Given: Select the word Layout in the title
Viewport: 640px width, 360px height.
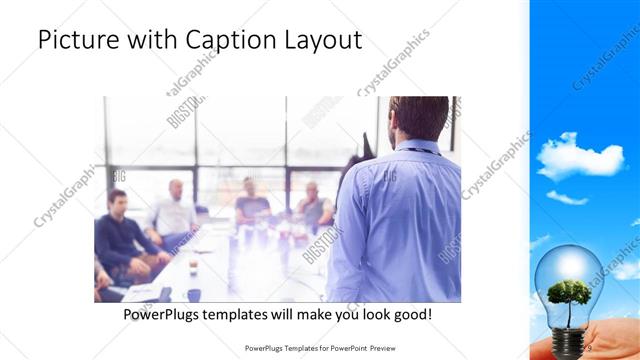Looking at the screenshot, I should click(324, 41).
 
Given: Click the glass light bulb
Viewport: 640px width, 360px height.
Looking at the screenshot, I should click(569, 286).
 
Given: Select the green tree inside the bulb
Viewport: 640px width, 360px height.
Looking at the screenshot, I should click(571, 294).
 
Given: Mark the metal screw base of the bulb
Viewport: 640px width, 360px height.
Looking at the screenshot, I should click(571, 341).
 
